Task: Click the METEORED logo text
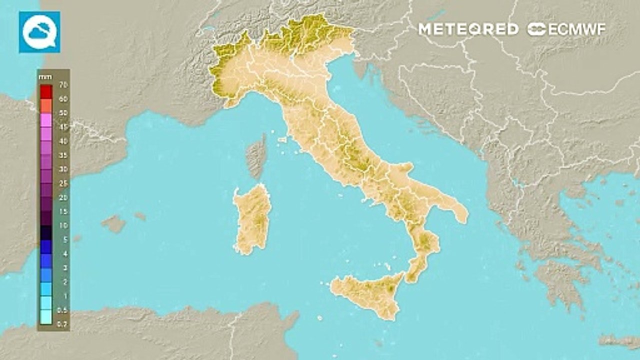468,29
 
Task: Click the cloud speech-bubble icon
39,32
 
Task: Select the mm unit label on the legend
42,77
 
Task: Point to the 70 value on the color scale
63,84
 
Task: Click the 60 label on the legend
63,99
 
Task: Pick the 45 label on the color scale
63,127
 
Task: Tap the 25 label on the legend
63,183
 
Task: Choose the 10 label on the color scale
63,225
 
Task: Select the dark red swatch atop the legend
46,91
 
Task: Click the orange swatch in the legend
46,105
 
